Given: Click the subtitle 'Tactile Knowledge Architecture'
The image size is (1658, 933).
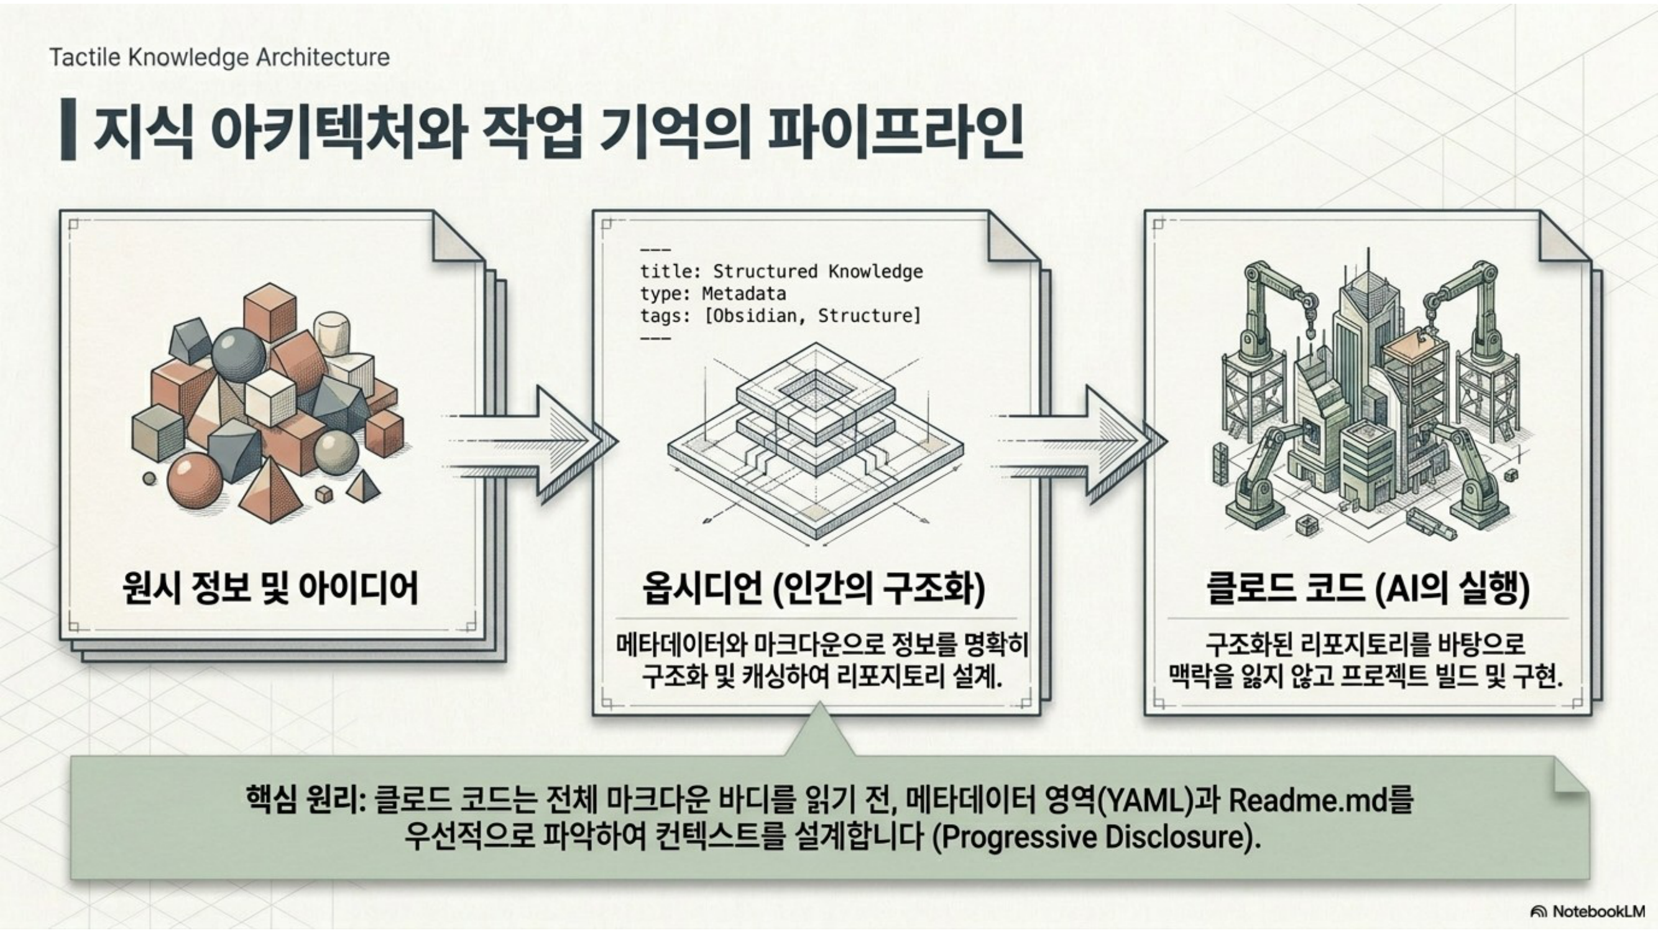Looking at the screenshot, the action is click(219, 57).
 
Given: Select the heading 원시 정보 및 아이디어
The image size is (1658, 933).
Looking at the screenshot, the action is click(270, 587).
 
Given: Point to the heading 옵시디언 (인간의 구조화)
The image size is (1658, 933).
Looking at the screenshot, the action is click(814, 587).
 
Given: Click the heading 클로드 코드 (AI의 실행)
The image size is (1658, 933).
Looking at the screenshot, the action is click(1368, 587).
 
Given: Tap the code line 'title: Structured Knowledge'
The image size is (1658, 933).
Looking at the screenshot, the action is click(781, 272).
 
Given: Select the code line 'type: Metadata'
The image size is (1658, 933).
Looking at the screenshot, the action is click(713, 294).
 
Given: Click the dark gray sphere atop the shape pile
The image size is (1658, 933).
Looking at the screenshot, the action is click(238, 356).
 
